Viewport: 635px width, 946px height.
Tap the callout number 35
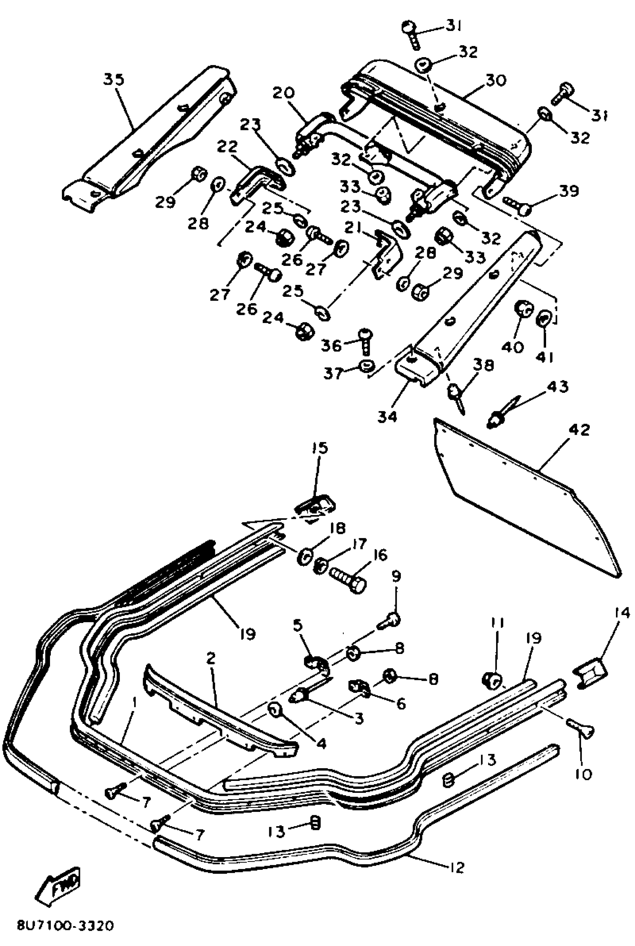pos(114,79)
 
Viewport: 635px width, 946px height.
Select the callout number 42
pos(579,430)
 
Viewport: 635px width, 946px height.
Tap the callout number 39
pos(569,191)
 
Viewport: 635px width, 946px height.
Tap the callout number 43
pos(557,387)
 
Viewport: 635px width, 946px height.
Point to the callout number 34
pos(388,416)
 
